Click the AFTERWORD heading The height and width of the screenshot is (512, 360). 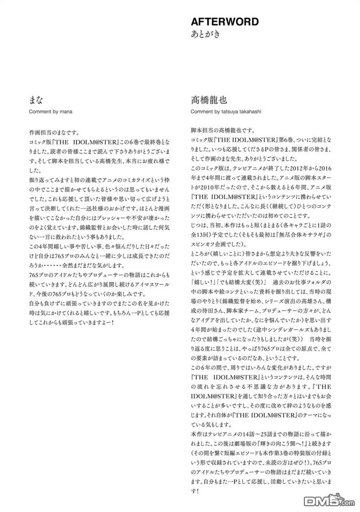(x=225, y=22)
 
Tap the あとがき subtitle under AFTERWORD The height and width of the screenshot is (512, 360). (x=205, y=35)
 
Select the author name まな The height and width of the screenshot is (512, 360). (x=36, y=100)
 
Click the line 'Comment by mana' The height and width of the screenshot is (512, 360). (x=50, y=112)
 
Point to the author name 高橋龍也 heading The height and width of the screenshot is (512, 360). (x=209, y=100)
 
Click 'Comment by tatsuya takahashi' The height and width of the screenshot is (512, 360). (x=226, y=112)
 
